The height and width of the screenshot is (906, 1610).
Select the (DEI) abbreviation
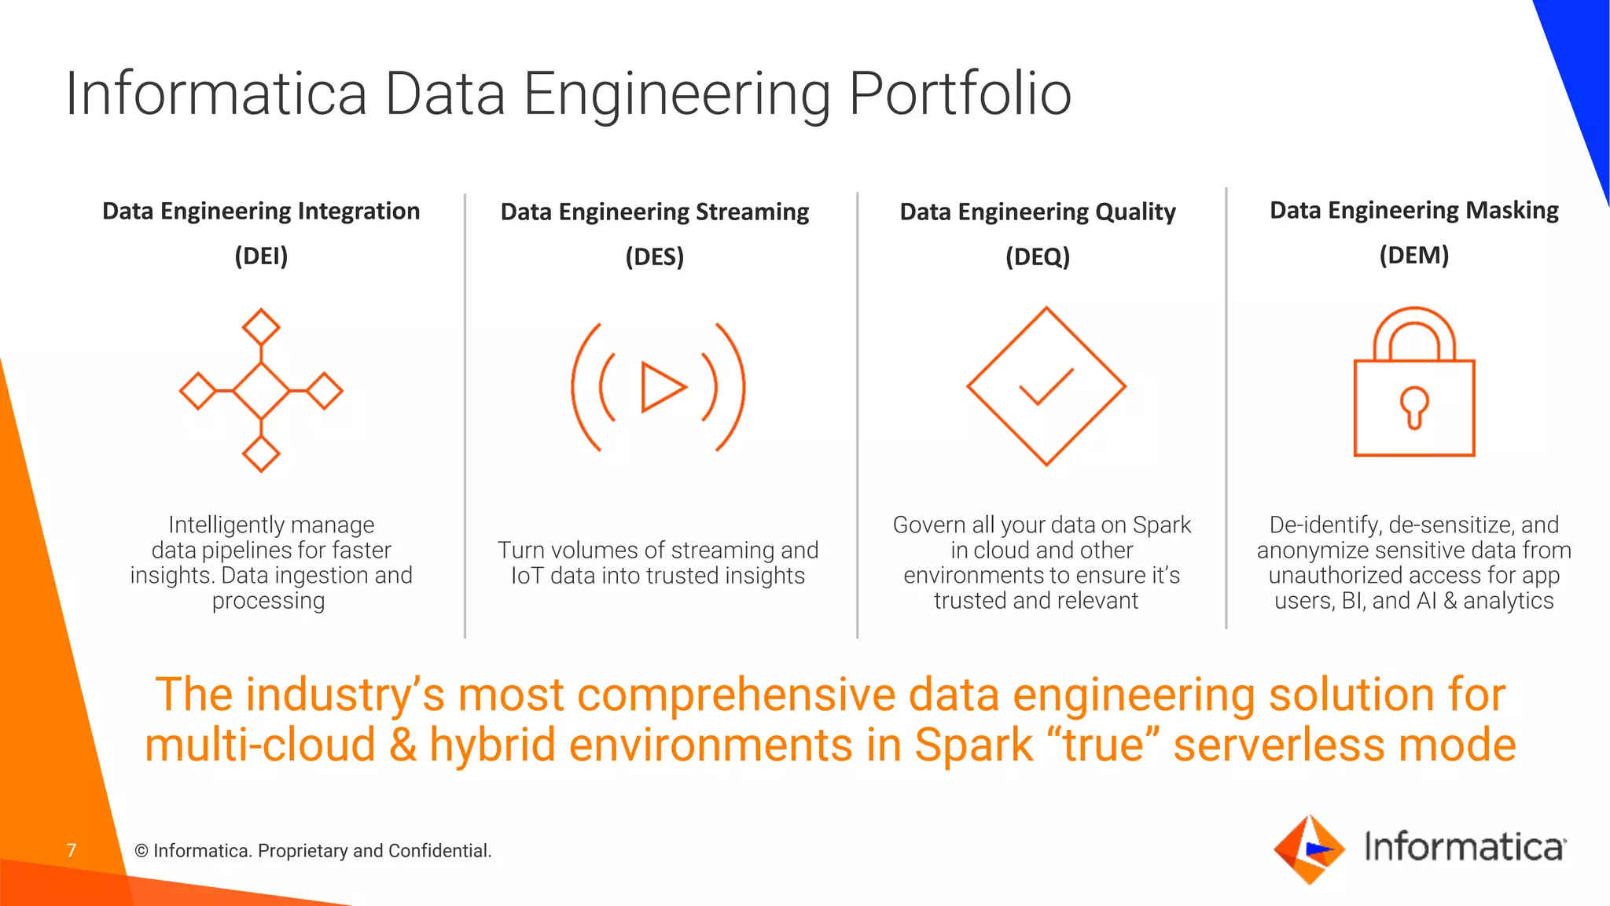point(261,256)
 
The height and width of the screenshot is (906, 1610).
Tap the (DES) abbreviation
point(655,256)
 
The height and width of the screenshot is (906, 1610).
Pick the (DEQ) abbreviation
point(1038,256)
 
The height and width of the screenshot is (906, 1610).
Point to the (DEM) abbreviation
point(1413,255)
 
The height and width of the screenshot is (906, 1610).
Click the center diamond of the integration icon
point(261,390)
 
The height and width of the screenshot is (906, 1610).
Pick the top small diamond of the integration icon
point(261,326)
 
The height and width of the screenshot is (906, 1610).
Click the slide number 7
point(72,850)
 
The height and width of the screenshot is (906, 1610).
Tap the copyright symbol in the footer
point(142,851)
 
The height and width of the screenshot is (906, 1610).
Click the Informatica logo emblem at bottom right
point(1309,849)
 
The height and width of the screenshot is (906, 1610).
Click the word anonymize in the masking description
point(1307,551)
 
